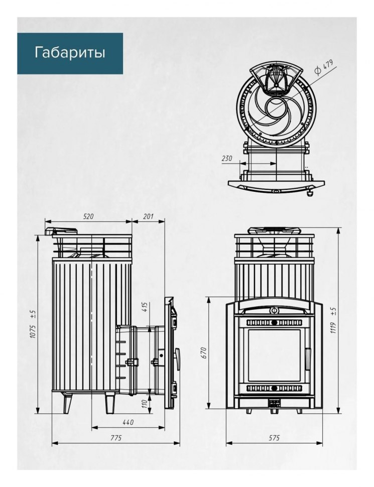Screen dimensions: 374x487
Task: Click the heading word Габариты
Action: click(x=70, y=53)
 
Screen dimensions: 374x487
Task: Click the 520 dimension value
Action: click(x=88, y=216)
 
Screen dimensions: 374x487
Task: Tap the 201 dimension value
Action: click(x=148, y=216)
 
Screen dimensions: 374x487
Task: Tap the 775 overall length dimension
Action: click(x=116, y=438)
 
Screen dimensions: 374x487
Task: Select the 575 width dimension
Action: click(x=274, y=438)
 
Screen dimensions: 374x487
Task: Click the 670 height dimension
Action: click(x=204, y=353)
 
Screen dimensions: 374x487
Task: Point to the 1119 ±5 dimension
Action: click(x=334, y=320)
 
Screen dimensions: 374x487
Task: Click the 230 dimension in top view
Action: click(x=227, y=158)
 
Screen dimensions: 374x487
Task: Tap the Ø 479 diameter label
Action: click(x=324, y=67)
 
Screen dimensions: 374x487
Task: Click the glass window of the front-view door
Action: click(x=274, y=355)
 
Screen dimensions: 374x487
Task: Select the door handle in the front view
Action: click(x=308, y=359)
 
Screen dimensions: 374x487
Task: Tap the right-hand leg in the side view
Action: click(x=110, y=403)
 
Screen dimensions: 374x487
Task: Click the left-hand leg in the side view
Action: click(x=67, y=403)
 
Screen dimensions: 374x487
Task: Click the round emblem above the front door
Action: click(x=274, y=310)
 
